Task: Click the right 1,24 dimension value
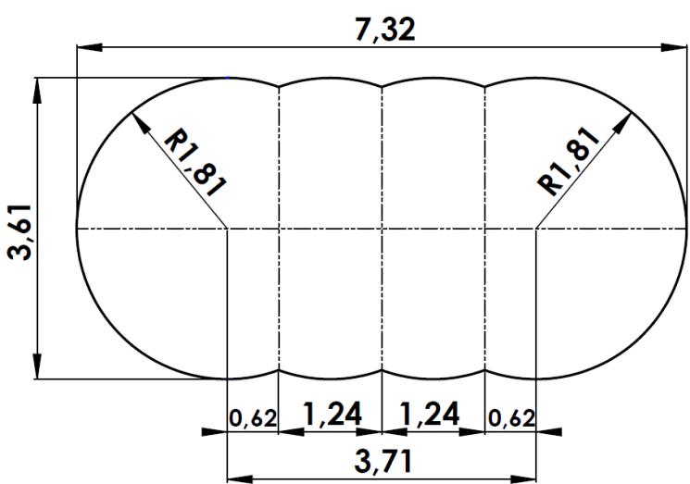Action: (433, 415)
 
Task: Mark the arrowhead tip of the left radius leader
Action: (134, 113)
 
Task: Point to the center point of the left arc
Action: (228, 227)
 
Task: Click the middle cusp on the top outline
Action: (383, 86)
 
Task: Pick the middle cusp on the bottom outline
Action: (383, 370)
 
